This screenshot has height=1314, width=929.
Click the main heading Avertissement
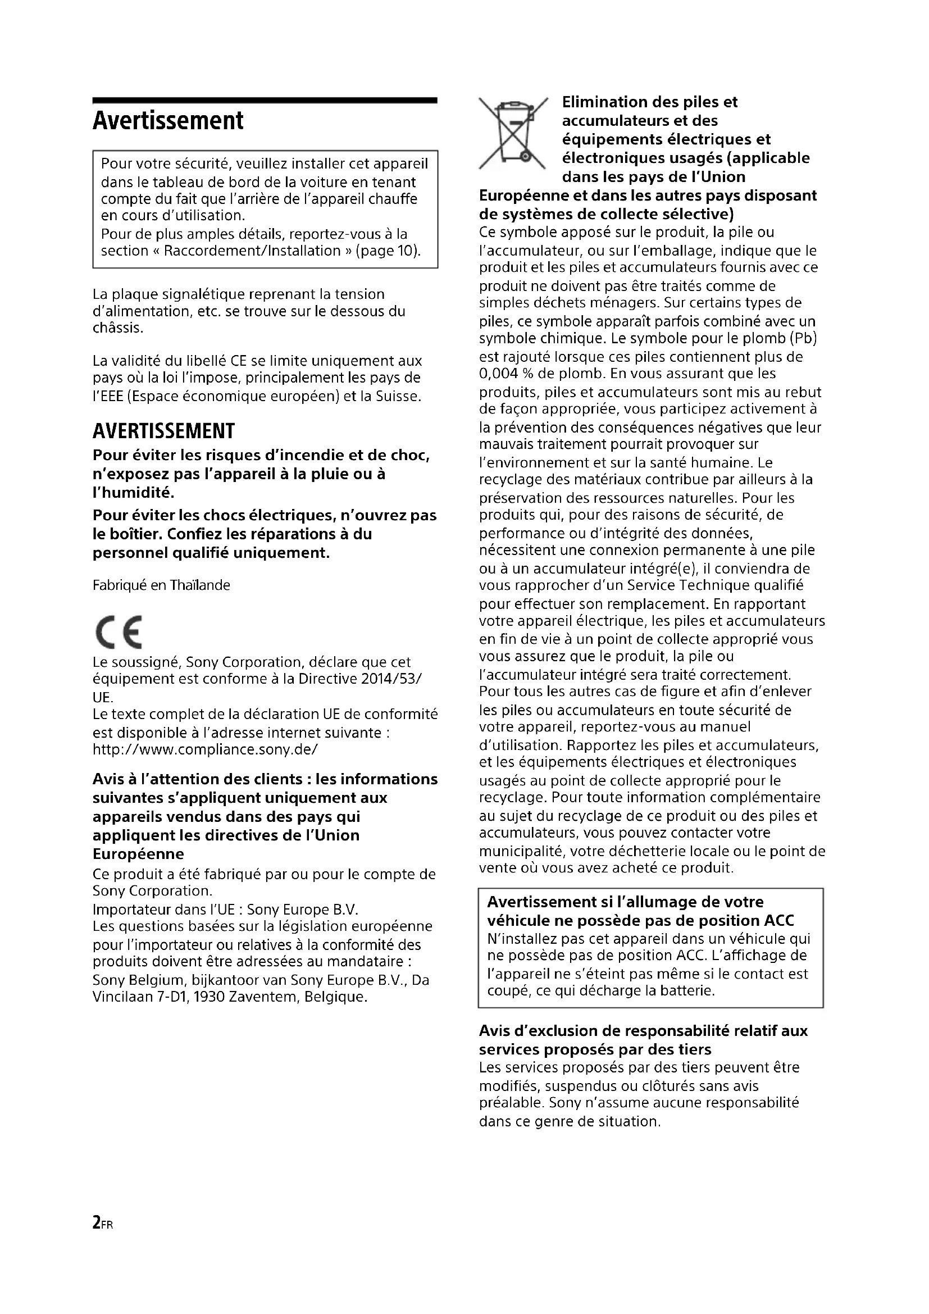point(167,121)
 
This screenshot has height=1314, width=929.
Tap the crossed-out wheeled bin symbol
point(513,133)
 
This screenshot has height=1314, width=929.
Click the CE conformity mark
point(119,633)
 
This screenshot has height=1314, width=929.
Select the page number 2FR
point(102,1224)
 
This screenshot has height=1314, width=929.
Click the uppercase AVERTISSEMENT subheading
point(163,430)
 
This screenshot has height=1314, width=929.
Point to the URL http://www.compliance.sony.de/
point(205,749)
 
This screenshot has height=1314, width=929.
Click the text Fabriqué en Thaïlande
point(161,585)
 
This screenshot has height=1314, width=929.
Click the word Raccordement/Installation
point(252,251)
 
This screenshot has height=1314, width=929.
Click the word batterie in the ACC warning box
point(690,990)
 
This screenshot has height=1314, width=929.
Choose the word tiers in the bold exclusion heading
point(691,1049)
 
